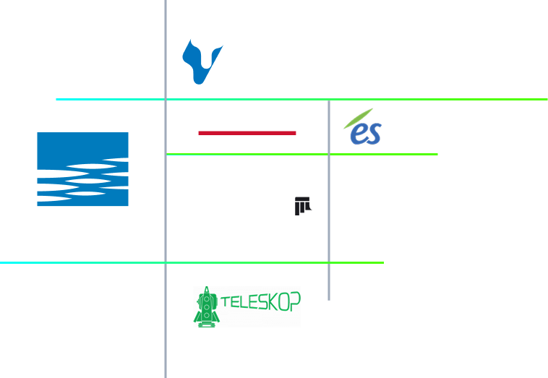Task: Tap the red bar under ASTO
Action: click(247, 133)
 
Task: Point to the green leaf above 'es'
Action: click(359, 116)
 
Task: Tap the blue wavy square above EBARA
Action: click(82, 170)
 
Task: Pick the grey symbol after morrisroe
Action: click(304, 207)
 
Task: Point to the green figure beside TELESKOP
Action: click(205, 307)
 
